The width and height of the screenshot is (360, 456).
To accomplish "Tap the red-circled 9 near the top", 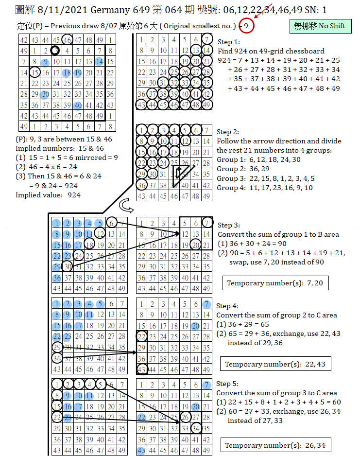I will pyautogui.click(x=247, y=25).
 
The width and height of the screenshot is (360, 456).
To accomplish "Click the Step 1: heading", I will pyautogui.click(x=228, y=42).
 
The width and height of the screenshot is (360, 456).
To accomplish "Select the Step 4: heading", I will pyautogui.click(x=227, y=306).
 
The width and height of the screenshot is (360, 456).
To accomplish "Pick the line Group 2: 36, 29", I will pyautogui.click(x=242, y=169).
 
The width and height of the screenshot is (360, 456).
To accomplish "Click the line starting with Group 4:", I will pyautogui.click(x=265, y=188).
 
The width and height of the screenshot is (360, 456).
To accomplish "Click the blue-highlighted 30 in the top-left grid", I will pyautogui.click(x=45, y=94).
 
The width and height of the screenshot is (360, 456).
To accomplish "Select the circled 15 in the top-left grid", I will pyautogui.click(x=34, y=73).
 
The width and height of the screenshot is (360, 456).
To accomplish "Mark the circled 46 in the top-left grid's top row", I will pyautogui.click(x=68, y=40).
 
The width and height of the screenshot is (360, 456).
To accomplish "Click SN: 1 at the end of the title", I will pyautogui.click(x=316, y=9).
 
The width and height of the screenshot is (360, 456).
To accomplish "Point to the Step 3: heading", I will pyautogui.click(x=228, y=225).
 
